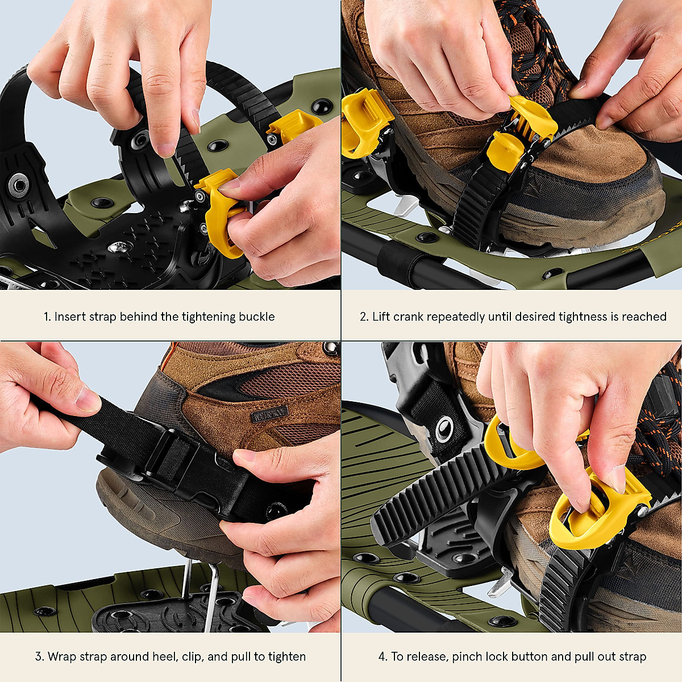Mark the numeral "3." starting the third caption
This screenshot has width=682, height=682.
(x=39, y=656)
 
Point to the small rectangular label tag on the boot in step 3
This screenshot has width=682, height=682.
(x=269, y=413)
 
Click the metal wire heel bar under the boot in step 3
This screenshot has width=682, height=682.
(x=210, y=591)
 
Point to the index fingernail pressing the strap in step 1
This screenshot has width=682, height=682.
(x=167, y=149)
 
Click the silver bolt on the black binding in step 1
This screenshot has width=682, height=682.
(x=120, y=246)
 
